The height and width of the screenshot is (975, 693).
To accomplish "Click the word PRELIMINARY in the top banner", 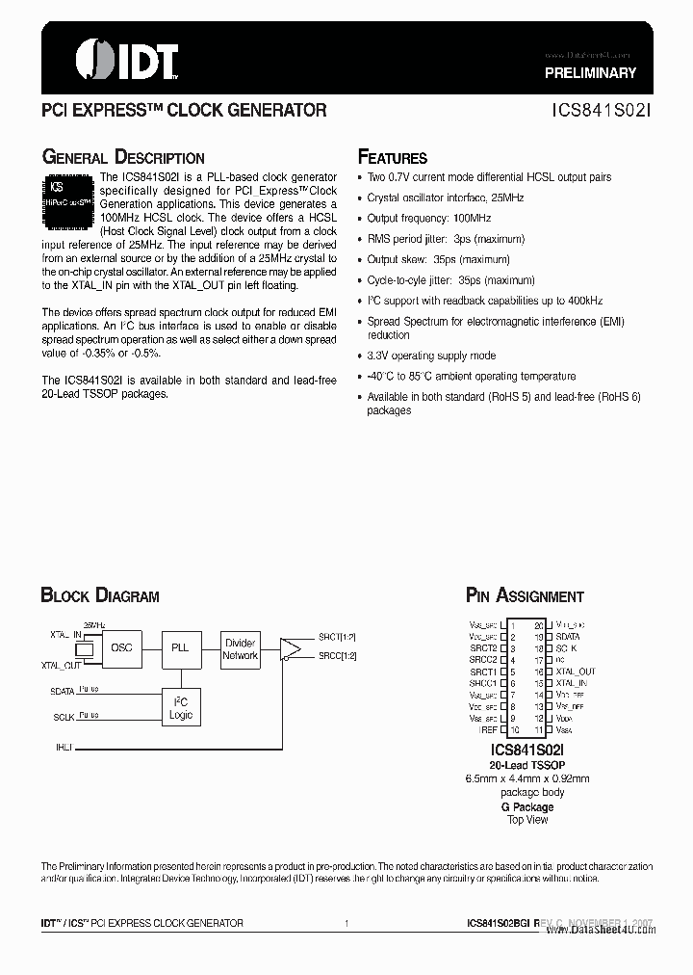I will (591, 73).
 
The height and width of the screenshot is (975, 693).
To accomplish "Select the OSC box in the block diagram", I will (122, 648).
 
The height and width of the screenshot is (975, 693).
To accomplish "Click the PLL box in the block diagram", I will (180, 648).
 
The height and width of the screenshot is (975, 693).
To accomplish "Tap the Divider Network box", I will (240, 648).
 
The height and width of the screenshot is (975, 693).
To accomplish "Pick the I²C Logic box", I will (180, 708).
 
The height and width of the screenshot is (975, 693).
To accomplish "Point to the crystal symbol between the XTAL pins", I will (85, 650).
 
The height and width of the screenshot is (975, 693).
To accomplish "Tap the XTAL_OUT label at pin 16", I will (576, 672).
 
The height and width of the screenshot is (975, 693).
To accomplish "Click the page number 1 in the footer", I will (346, 923).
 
